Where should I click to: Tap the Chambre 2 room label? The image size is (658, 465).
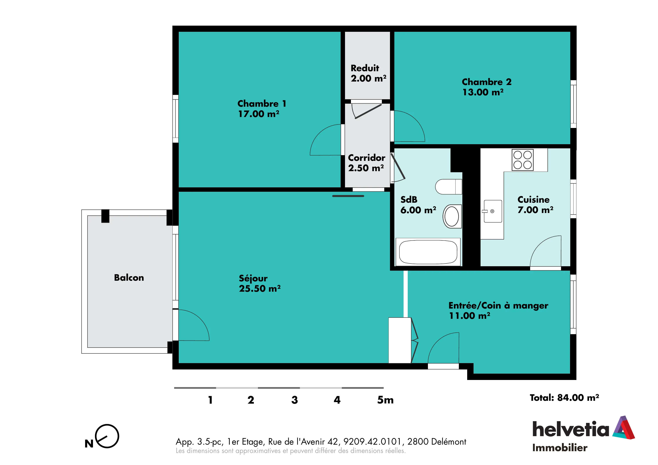(487, 87)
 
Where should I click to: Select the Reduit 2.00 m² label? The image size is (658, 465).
(368, 73)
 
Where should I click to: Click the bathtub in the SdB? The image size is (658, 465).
(428, 252)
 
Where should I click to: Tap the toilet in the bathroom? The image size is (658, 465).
(449, 187)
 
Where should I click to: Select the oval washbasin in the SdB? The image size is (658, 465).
(452, 216)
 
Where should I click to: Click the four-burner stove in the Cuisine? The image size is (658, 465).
(522, 160)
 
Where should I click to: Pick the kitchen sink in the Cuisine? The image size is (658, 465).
(492, 211)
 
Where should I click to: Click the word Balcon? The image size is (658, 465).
(129, 278)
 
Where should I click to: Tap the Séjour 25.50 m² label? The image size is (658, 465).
(260, 284)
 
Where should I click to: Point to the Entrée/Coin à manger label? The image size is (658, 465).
(498, 311)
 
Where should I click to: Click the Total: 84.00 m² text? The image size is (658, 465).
(564, 398)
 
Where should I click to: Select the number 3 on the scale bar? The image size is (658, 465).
(295, 400)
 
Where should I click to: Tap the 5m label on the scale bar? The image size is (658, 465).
(385, 400)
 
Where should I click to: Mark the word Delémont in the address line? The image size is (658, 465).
(449, 442)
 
